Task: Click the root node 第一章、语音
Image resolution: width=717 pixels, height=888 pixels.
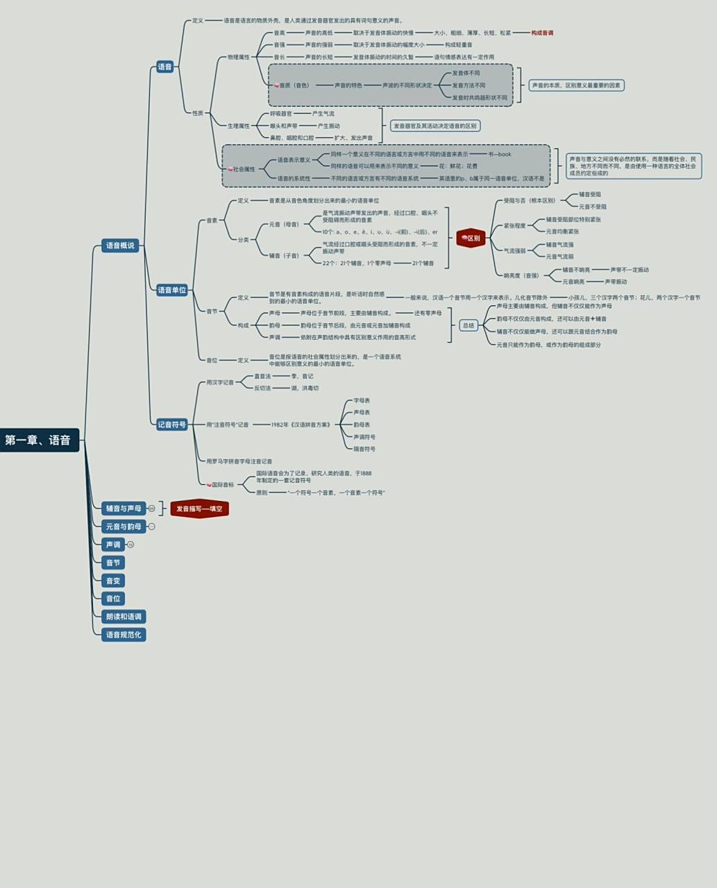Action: (x=38, y=440)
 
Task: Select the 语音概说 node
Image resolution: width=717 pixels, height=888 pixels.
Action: (x=120, y=246)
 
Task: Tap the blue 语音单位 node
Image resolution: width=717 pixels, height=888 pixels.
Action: (x=171, y=290)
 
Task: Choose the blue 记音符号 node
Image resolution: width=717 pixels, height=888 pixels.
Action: (x=171, y=425)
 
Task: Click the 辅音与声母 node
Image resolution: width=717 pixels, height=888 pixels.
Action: (x=124, y=509)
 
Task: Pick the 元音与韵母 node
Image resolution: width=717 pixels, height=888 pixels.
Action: (x=124, y=527)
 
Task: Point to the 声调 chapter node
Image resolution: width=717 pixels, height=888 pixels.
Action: (x=113, y=545)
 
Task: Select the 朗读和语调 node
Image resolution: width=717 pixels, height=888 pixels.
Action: (x=124, y=617)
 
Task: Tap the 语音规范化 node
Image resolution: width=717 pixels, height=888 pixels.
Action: (x=124, y=635)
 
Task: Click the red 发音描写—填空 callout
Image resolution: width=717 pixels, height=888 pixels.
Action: (x=199, y=509)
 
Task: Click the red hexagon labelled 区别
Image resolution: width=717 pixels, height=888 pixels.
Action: (x=471, y=238)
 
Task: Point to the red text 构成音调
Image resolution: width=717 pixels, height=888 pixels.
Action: (x=542, y=33)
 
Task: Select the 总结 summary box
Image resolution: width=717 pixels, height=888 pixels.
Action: (x=469, y=325)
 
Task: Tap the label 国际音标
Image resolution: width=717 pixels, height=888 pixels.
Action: (x=223, y=484)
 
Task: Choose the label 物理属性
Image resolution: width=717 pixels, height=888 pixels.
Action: (x=238, y=57)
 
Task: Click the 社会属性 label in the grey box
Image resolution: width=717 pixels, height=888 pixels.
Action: (x=244, y=169)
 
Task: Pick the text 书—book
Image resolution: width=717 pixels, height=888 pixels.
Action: (x=499, y=154)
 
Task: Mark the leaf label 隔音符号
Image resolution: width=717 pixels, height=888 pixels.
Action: (x=364, y=449)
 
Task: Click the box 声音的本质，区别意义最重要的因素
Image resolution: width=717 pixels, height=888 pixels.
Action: (x=577, y=85)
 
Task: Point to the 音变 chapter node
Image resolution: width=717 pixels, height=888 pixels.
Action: (x=113, y=581)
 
